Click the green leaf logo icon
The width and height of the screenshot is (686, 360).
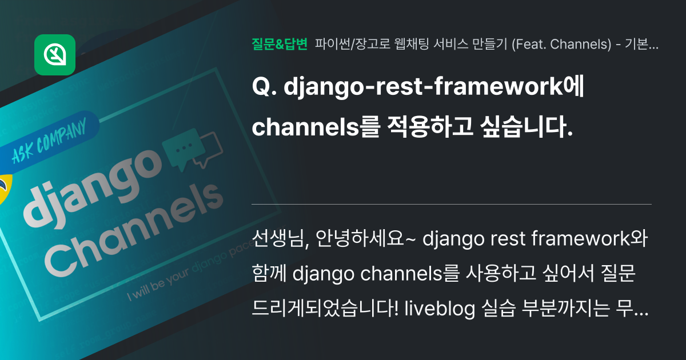click(x=55, y=55)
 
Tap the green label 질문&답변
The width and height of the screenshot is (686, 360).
click(x=280, y=43)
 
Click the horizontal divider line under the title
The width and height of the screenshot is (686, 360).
click(x=452, y=204)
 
